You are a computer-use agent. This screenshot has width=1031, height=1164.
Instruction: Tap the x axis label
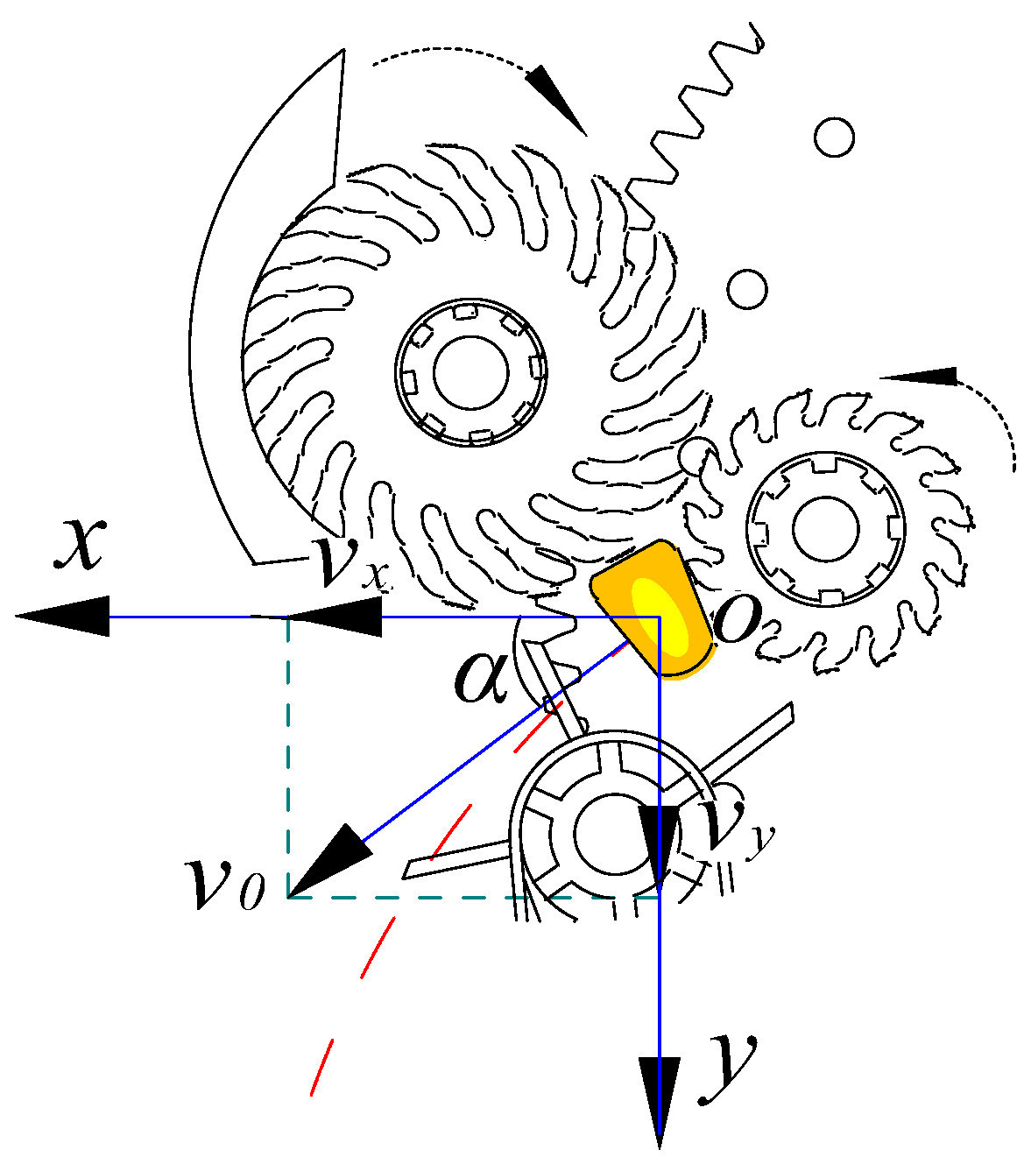(x=81, y=543)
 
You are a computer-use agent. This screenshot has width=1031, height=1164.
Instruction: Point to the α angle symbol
(x=481, y=676)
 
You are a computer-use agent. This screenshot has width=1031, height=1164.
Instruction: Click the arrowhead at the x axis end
(x=61, y=617)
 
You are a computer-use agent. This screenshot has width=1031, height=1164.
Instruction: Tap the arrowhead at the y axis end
(x=659, y=1099)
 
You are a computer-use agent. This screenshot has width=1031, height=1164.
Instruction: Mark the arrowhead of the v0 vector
(x=328, y=862)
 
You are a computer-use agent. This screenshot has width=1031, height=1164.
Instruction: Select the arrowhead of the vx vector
(x=337, y=617)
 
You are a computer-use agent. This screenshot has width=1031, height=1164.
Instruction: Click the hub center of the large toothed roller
(x=471, y=371)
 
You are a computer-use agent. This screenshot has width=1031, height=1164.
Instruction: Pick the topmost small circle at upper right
(x=833, y=137)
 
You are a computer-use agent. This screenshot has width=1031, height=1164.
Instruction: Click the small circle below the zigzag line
(x=747, y=288)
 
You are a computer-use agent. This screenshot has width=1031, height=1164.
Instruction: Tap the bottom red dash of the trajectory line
(x=321, y=1067)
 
